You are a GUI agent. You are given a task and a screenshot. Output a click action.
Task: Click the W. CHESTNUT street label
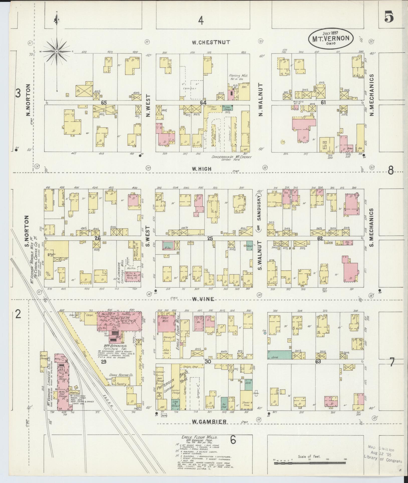coord(211,42)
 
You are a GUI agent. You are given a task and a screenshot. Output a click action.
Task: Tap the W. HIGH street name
coord(201,169)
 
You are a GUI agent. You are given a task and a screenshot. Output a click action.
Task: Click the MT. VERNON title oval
coord(331,38)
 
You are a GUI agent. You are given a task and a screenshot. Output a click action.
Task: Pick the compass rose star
coord(57,51)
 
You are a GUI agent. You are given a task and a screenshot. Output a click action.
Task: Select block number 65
coord(97,103)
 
